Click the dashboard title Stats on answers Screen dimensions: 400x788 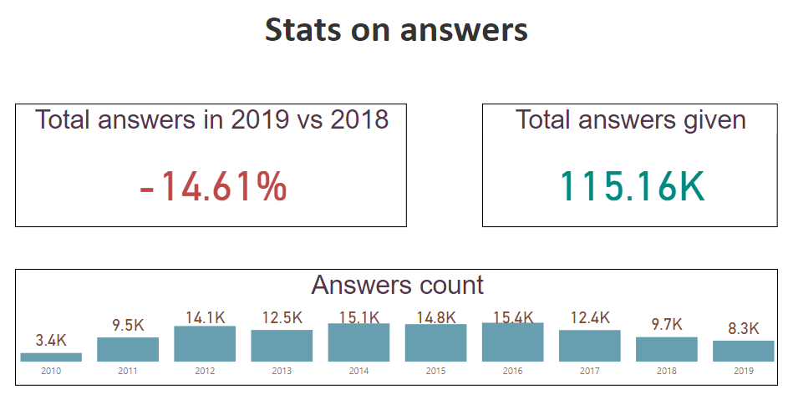[396, 30]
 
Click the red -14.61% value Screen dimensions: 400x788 [214, 186]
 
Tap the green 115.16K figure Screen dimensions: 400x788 [632, 186]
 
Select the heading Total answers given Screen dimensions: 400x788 [631, 119]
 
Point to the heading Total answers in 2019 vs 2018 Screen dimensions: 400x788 [212, 119]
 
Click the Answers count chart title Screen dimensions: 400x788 [397, 285]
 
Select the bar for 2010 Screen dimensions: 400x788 [51, 357]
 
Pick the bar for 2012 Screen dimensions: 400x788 [205, 344]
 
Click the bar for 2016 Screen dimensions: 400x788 [512, 342]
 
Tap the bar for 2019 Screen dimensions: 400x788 [743, 351]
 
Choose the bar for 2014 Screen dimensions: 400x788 [358, 342]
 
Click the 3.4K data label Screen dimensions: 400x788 [51, 340]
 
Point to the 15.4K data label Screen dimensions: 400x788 [512, 317]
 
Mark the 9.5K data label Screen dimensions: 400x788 [128, 325]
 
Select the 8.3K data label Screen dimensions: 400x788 [743, 328]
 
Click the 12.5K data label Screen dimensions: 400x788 [282, 318]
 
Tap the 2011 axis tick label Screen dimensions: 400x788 [128, 371]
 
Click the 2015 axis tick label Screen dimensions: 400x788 [435, 371]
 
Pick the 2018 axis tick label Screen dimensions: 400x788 [666, 371]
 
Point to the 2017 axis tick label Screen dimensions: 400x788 [589, 371]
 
